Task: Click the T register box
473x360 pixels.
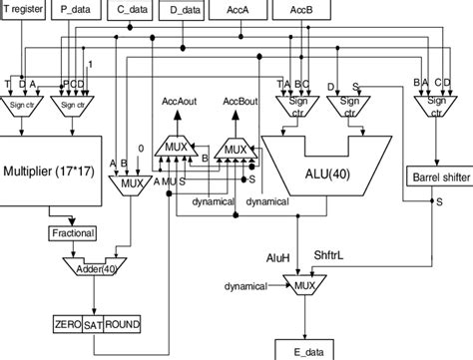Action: pos(28,9)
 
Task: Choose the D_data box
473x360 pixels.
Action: pos(185,9)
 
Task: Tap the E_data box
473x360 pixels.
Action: pos(310,350)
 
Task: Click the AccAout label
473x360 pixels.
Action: pos(181,101)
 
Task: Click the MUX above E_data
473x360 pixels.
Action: pos(311,286)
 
